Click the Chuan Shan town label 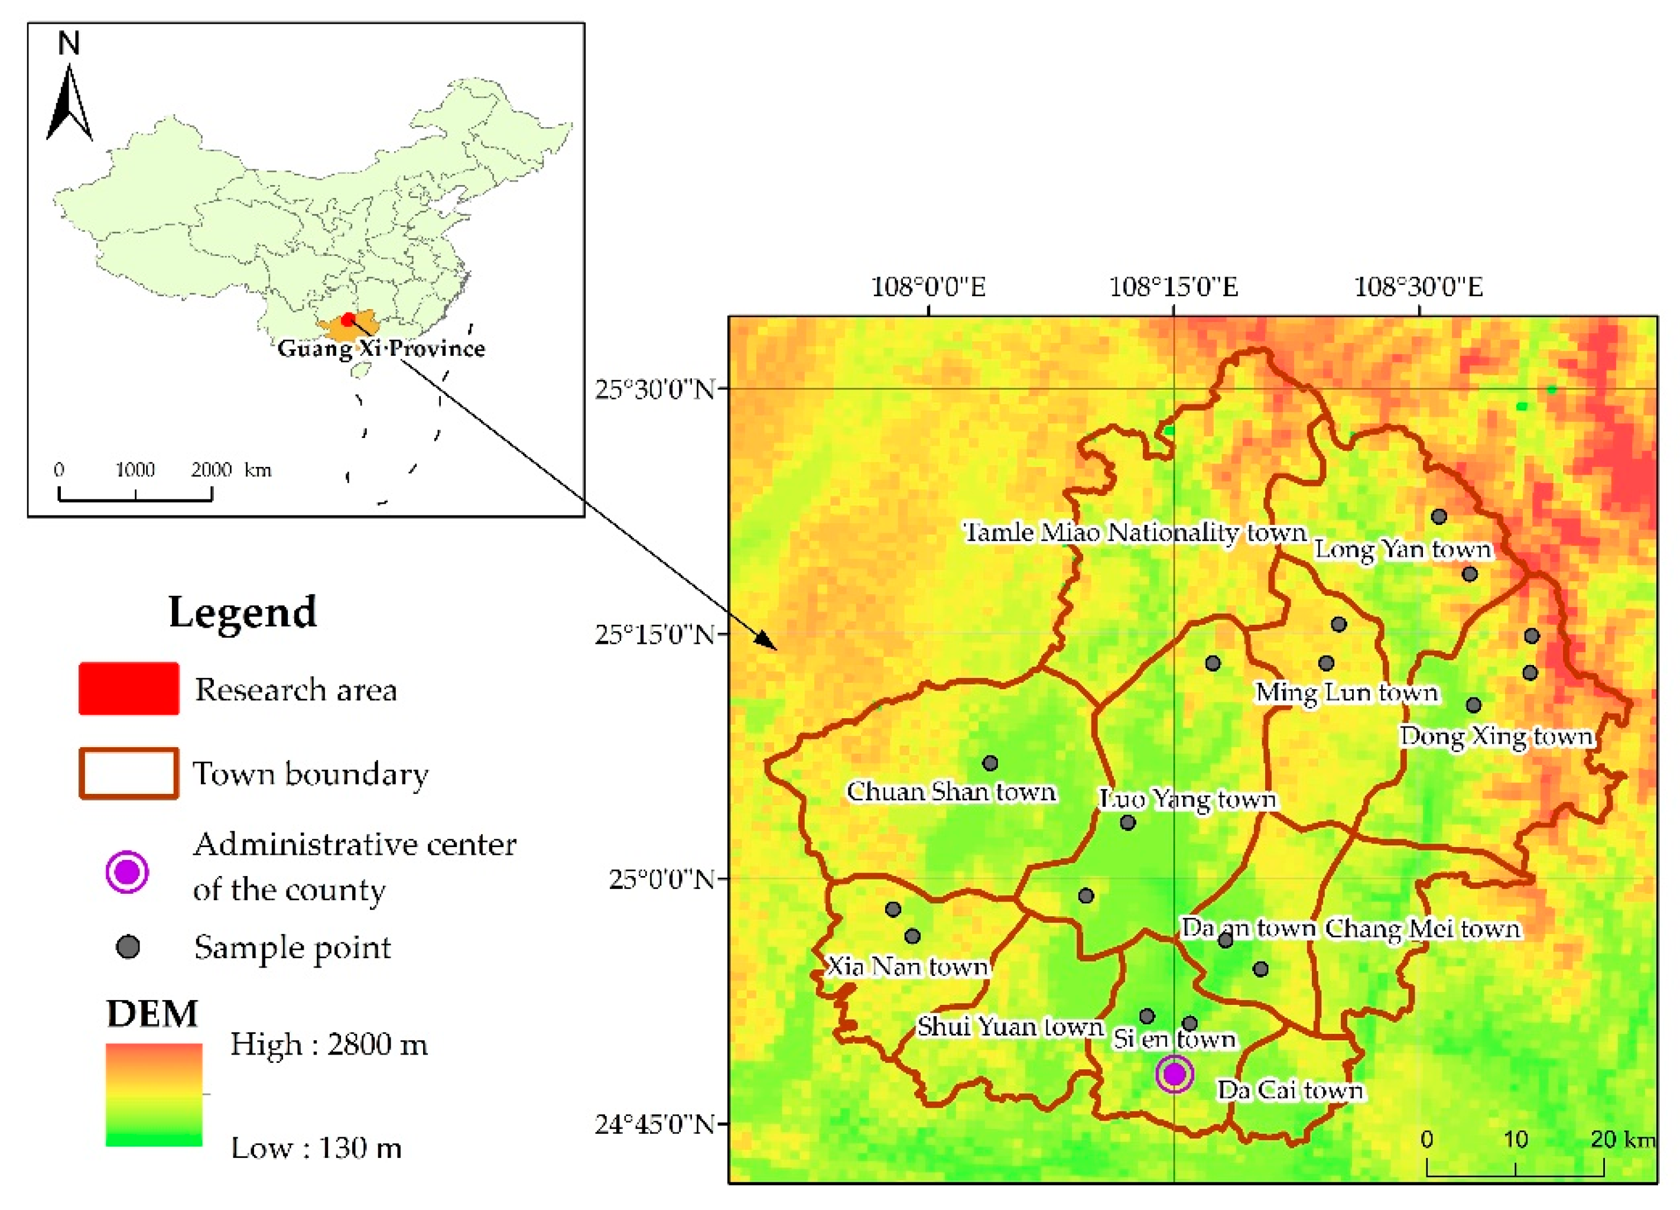click(x=951, y=792)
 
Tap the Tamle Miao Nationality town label click(x=1134, y=533)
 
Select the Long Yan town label click(x=1402, y=550)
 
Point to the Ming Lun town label click(x=1346, y=693)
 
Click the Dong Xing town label click(x=1496, y=737)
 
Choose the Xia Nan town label click(x=908, y=967)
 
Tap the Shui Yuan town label click(x=1010, y=1027)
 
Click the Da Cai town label click(x=1289, y=1090)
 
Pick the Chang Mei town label click(x=1422, y=929)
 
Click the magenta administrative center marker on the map click(x=1175, y=1073)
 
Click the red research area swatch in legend click(x=129, y=689)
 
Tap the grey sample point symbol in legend click(x=129, y=947)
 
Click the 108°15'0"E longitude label click(x=1174, y=287)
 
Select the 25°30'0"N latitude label click(x=655, y=389)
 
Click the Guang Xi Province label click(x=382, y=348)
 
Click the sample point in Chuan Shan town click(x=990, y=763)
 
